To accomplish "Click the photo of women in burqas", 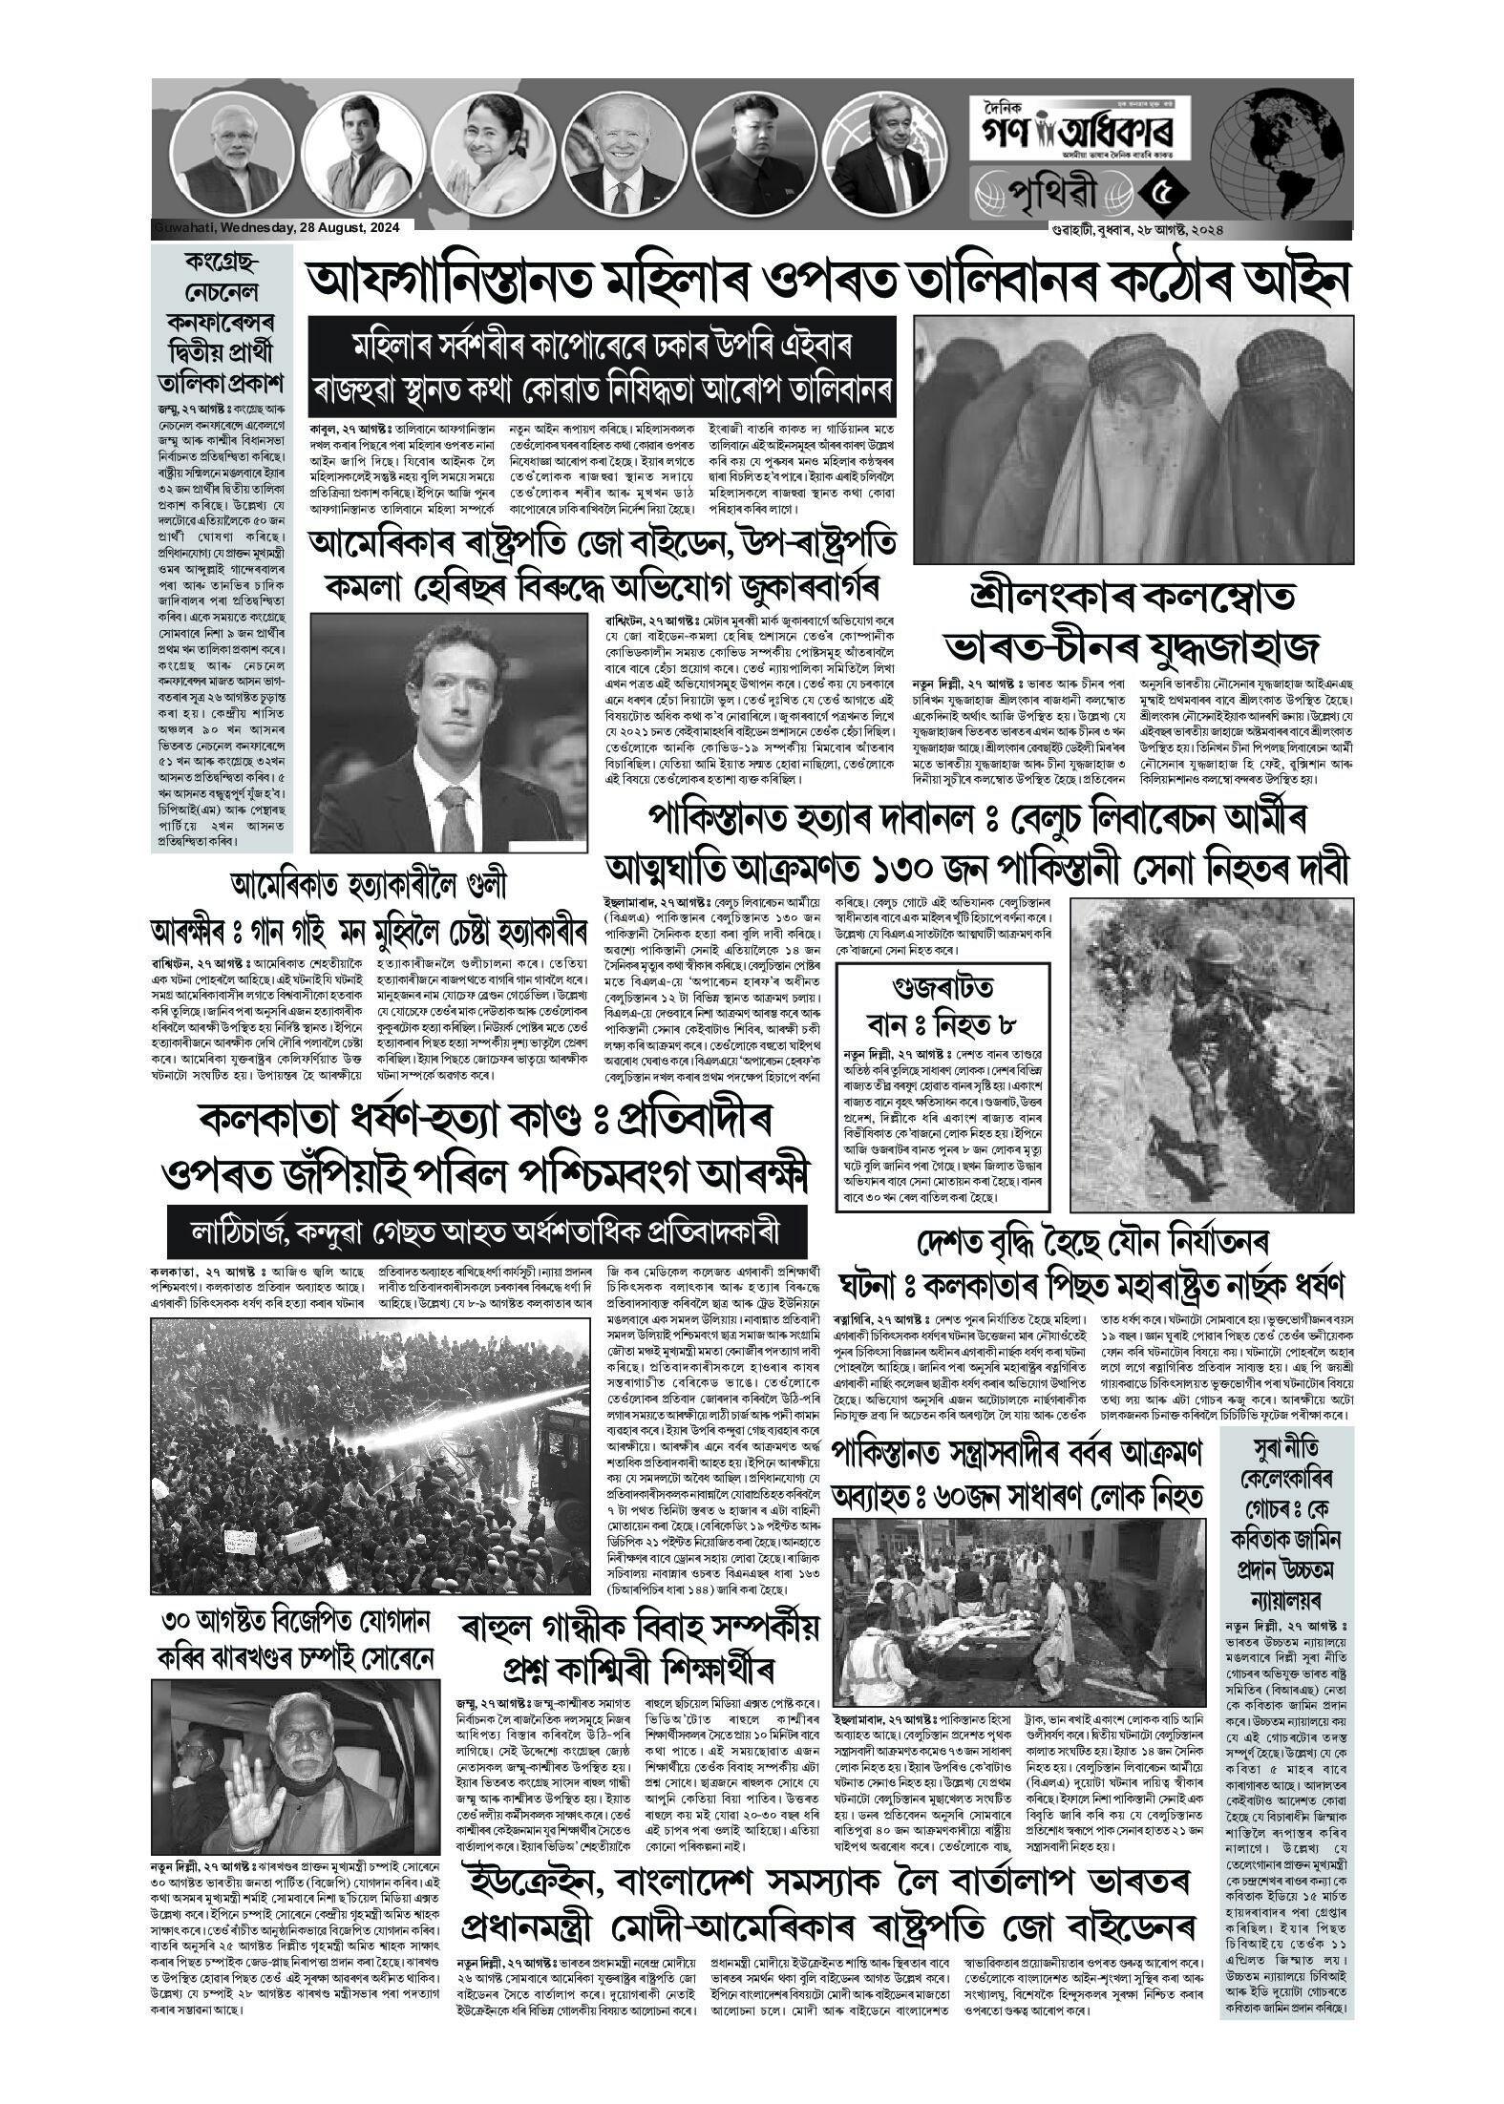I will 1132,439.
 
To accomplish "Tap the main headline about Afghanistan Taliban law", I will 827,282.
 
